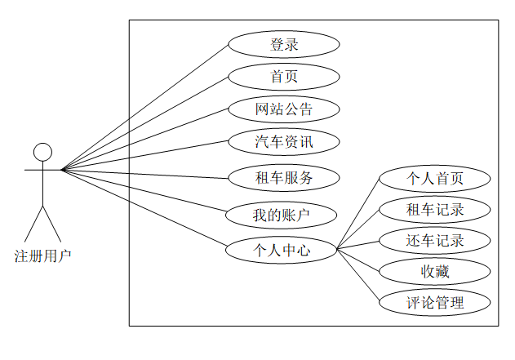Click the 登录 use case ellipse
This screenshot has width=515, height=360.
pos(283,44)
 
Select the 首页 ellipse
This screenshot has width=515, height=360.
pos(283,77)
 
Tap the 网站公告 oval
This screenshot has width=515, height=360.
pos(283,109)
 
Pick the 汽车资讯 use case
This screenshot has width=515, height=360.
pos(283,142)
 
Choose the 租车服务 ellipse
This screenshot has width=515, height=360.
pos(283,177)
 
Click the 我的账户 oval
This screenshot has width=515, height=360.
pos(282,216)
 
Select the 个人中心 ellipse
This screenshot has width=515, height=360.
pos(282,250)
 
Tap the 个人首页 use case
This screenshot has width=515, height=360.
pos(435,178)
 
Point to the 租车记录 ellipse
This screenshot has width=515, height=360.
pos(435,209)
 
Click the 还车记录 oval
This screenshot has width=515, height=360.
pos(435,240)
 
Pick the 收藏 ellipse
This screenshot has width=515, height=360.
pos(435,271)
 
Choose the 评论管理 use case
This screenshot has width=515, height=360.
pos(435,303)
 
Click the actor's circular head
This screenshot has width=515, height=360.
pos(42,151)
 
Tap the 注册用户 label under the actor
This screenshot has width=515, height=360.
pos(42,256)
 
